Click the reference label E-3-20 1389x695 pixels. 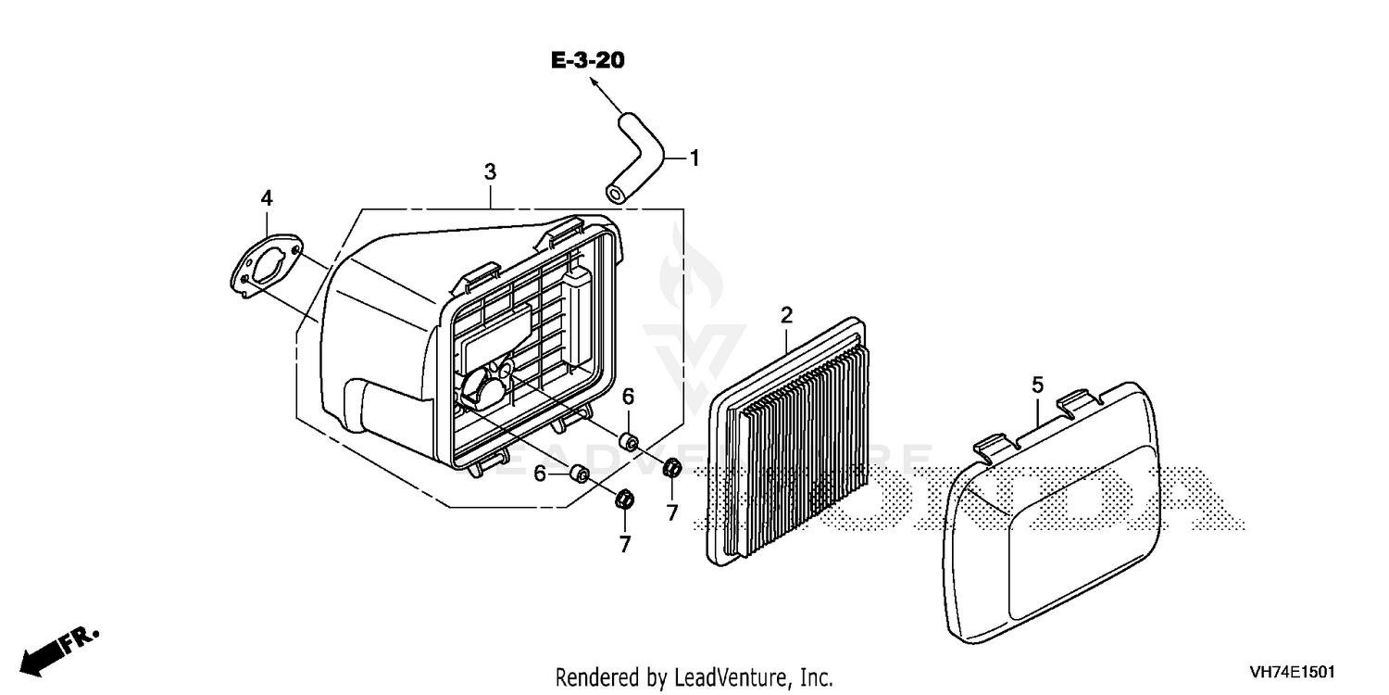pyautogui.click(x=588, y=60)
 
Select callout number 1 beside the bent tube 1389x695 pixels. pyautogui.click(x=694, y=158)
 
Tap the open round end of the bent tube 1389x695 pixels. pyautogui.click(x=615, y=195)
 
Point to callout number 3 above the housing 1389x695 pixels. pyautogui.click(x=490, y=171)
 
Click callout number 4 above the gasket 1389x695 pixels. pyautogui.click(x=267, y=198)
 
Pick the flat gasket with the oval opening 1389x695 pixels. pyautogui.click(x=266, y=268)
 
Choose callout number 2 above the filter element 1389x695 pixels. pyautogui.click(x=786, y=315)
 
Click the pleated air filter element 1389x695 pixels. pyautogui.click(x=787, y=442)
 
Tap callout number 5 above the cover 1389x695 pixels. pyautogui.click(x=1037, y=385)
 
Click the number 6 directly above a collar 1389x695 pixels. pyautogui.click(x=628, y=396)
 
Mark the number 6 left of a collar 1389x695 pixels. pyautogui.click(x=540, y=474)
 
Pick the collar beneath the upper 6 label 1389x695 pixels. pyautogui.click(x=630, y=443)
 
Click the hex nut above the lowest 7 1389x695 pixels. pyautogui.click(x=624, y=499)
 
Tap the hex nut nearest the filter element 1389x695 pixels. pyautogui.click(x=672, y=468)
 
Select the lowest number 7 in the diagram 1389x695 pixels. pyautogui.click(x=624, y=544)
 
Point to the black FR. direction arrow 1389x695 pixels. pyautogui.click(x=59, y=651)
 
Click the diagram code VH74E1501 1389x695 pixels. pyautogui.click(x=1293, y=672)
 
